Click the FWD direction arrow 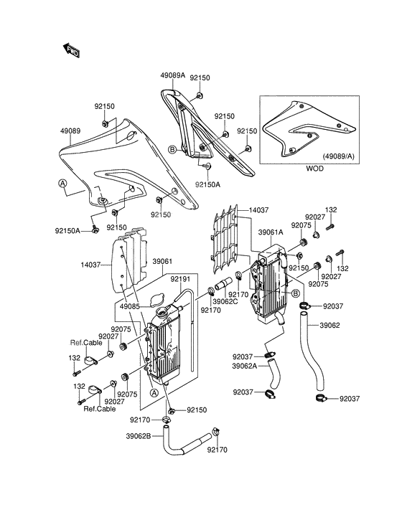click(x=71, y=50)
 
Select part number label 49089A click(x=172, y=75)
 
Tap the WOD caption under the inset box click(x=314, y=169)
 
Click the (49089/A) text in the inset click(x=338, y=156)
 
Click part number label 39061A click(x=271, y=232)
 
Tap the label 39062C click(x=225, y=301)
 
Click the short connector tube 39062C click(x=223, y=285)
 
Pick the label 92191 click(x=180, y=279)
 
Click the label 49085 click(x=130, y=306)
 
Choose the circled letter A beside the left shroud click(x=62, y=183)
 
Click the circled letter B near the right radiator click(x=296, y=293)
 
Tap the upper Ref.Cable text click(x=86, y=343)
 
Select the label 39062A click(x=245, y=366)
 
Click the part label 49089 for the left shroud click(x=70, y=131)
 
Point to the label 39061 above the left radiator click(x=162, y=262)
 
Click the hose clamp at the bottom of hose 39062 click(x=322, y=398)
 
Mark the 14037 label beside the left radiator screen click(x=90, y=265)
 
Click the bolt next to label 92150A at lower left click(x=95, y=230)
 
